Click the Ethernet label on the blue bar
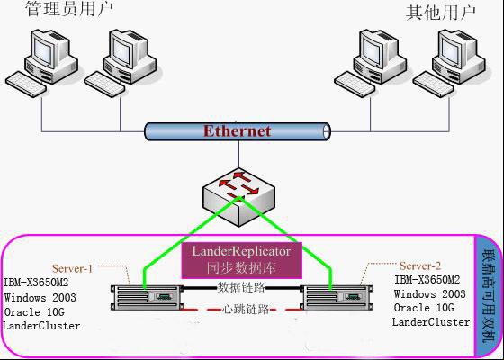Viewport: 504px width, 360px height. [x=237, y=131]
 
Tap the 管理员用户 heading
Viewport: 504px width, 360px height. [x=69, y=9]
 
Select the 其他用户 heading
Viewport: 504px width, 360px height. [x=441, y=13]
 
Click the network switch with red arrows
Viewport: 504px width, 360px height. [x=239, y=197]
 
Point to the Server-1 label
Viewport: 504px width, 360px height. [x=72, y=268]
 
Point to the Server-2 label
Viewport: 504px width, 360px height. [x=420, y=265]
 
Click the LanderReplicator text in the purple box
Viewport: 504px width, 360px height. [x=241, y=251]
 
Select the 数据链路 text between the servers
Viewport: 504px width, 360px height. [x=241, y=287]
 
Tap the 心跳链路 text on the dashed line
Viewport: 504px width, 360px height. [x=246, y=310]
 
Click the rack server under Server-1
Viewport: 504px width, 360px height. [x=147, y=297]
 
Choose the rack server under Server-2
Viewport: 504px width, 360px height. [x=337, y=297]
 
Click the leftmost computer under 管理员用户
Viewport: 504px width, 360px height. [x=41, y=63]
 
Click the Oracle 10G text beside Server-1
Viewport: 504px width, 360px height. [x=34, y=311]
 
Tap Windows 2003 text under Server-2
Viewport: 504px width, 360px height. [x=430, y=293]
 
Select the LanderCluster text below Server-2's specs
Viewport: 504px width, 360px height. [x=431, y=322]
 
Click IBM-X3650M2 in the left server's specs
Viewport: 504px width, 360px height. [x=36, y=283]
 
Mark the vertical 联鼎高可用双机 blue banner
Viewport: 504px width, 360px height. [x=488, y=296]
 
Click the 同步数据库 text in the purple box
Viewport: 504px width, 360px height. [x=241, y=267]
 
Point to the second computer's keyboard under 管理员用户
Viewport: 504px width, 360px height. [x=104, y=85]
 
